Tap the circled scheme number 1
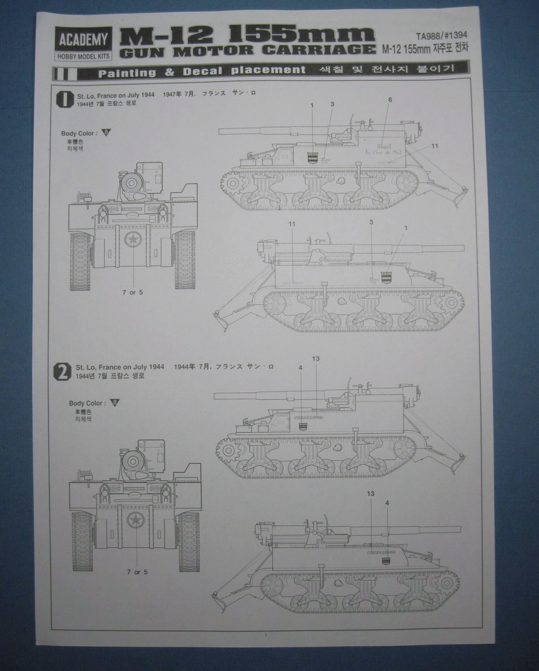(x=64, y=98)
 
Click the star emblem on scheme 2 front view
(x=135, y=520)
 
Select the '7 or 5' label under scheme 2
(x=137, y=571)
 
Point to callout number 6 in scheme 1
(x=390, y=100)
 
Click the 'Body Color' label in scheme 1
(x=79, y=133)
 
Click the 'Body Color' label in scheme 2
(x=86, y=403)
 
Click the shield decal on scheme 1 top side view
(x=312, y=158)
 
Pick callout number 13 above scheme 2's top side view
(x=315, y=358)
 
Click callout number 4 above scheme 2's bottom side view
(x=387, y=503)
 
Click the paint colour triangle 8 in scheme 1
(x=107, y=133)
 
